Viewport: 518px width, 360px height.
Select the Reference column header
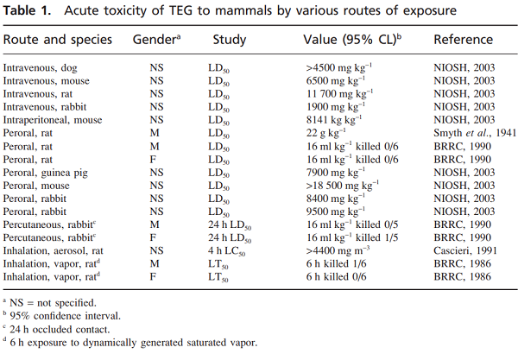click(x=464, y=41)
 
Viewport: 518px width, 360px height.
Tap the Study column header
click(x=229, y=41)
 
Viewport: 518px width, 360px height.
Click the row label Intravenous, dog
click(x=40, y=66)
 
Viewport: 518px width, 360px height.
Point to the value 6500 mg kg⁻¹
click(x=337, y=80)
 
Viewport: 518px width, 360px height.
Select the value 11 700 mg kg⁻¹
click(x=339, y=93)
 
